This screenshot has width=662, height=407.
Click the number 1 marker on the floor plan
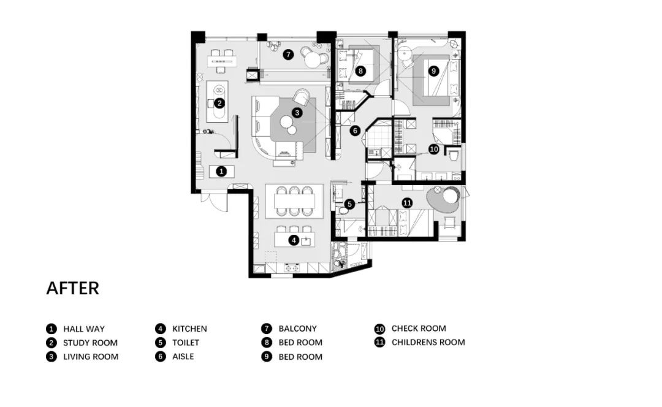click(221, 172)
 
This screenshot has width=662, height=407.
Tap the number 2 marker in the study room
click(219, 103)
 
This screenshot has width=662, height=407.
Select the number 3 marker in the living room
click(297, 113)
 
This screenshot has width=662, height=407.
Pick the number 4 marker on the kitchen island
click(294, 241)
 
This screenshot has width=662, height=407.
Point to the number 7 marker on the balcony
click(288, 55)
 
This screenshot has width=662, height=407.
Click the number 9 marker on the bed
click(433, 71)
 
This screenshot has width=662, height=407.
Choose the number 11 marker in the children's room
click(407, 203)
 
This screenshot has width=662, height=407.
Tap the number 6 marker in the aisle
click(355, 131)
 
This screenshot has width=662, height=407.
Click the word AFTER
click(72, 288)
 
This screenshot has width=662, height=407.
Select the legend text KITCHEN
click(189, 329)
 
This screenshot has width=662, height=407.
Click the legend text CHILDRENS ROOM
click(428, 343)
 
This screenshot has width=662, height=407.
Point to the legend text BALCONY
click(298, 329)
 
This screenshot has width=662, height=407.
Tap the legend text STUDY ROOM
click(90, 343)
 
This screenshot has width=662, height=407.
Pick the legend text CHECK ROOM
click(419, 329)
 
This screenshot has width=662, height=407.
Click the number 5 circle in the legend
click(161, 343)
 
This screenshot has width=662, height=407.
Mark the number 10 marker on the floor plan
click(433, 149)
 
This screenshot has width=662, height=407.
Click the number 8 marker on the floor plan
click(360, 71)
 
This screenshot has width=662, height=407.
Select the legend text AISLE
click(183, 357)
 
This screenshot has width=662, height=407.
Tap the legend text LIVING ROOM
click(91, 357)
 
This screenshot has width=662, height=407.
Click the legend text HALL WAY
click(84, 329)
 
